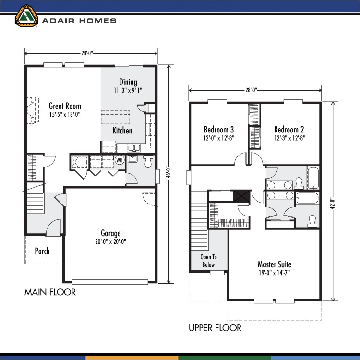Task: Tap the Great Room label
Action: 65,106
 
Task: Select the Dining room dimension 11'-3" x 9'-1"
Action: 128,90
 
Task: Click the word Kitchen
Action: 122,131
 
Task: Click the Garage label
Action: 110,233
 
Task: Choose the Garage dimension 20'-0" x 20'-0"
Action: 110,241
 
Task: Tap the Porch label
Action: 42,251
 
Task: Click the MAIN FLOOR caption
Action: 50,292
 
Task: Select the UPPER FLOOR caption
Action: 215,328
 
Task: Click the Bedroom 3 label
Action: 219,130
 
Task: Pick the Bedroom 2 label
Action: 289,130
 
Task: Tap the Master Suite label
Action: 274,264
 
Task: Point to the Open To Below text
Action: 208,261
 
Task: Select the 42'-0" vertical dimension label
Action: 332,202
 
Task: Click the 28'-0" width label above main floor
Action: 91,54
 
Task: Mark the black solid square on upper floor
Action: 240,196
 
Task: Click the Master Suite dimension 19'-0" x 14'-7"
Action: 274,273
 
